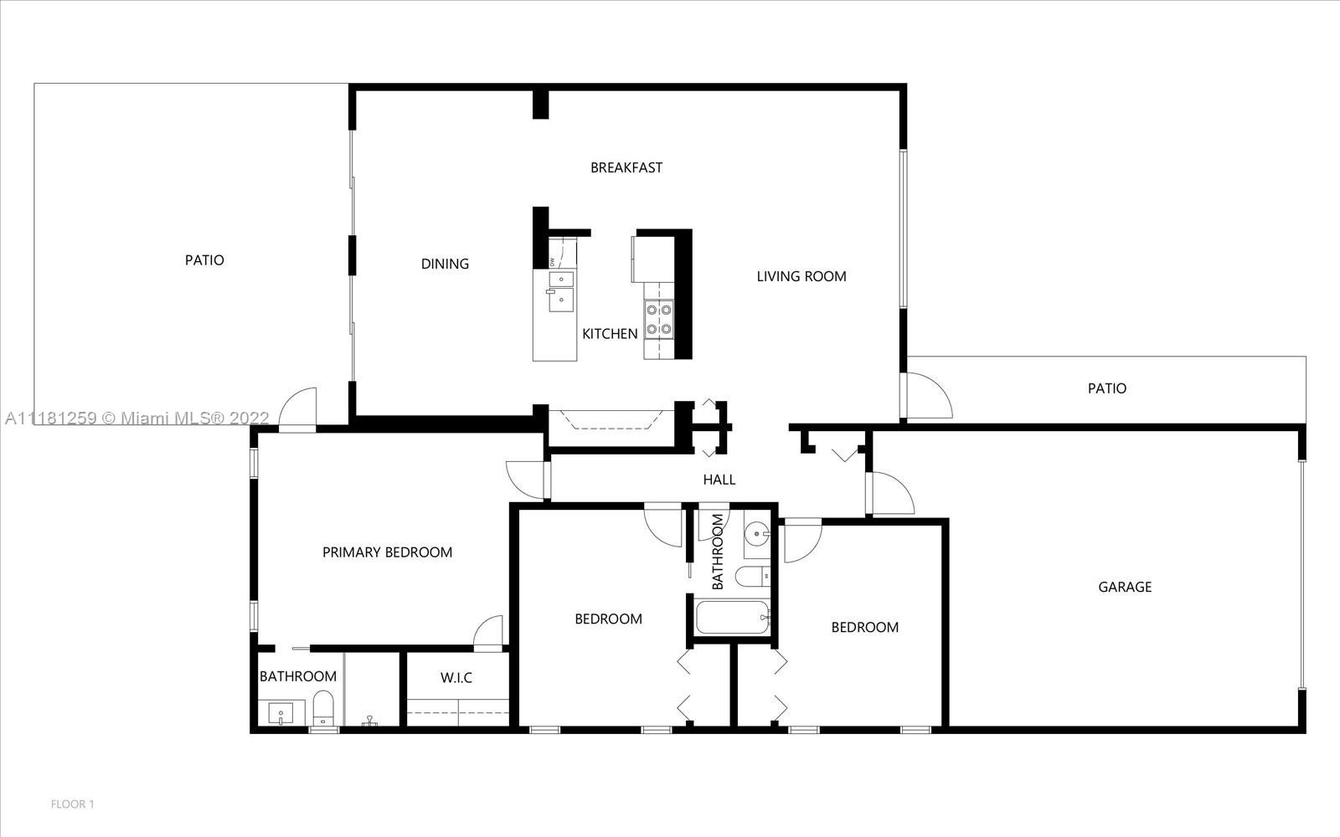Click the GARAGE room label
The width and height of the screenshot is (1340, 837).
pos(1125,587)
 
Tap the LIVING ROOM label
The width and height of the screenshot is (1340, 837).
pos(801,276)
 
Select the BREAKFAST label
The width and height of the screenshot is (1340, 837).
pos(626,167)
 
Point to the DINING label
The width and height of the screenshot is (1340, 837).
pos(445,264)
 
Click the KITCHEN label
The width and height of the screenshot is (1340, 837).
pos(610,334)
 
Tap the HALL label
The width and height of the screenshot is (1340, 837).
pos(719,480)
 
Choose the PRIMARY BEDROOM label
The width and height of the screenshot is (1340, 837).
pos(387,552)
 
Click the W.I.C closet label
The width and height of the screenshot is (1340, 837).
pos(456,678)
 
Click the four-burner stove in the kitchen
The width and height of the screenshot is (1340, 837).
pos(658,319)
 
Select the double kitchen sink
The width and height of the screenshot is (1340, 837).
pos(561,291)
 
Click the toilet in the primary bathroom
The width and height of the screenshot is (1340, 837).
pos(323,708)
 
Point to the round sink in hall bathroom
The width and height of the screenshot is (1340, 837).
pos(758,532)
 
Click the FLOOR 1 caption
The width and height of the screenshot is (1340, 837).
pos(72,804)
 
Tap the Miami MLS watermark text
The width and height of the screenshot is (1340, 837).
pos(137,418)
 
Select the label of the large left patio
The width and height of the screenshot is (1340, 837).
pos(204,260)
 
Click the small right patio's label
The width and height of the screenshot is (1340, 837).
pos(1106,388)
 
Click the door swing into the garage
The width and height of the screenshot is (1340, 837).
pos(891,493)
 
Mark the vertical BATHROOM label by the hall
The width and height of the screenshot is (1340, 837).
pos(718,552)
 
